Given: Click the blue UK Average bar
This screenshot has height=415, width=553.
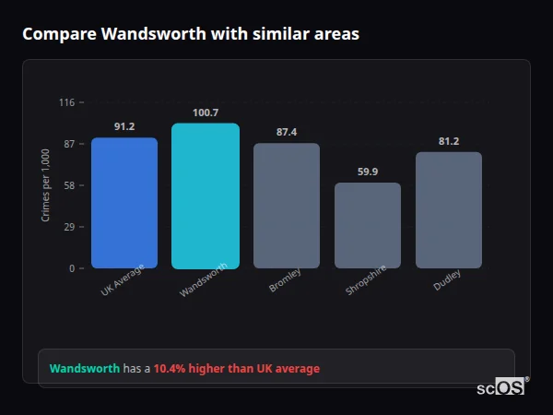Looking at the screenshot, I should (124, 203).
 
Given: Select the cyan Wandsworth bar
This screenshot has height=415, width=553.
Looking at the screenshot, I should (205, 196).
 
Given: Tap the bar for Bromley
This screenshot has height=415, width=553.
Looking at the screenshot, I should (287, 206).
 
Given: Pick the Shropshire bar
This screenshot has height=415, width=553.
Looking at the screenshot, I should (367, 225).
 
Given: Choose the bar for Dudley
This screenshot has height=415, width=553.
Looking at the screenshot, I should (448, 210).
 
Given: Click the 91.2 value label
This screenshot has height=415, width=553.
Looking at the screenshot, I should (124, 126).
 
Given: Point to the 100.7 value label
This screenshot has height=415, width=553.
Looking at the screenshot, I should (206, 113).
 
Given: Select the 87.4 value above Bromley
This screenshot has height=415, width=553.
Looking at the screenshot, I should (287, 132).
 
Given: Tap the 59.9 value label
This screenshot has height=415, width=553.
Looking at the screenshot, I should (368, 172).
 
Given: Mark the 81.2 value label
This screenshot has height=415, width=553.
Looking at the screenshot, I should (449, 141).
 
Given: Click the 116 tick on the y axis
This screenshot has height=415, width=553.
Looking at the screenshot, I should (66, 102).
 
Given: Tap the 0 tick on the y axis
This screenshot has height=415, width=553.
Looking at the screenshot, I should (71, 268).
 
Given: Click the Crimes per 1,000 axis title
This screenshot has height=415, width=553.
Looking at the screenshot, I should (46, 185).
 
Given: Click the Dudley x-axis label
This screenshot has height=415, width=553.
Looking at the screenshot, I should (447, 279).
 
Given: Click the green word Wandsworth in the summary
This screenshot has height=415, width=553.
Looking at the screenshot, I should (85, 369).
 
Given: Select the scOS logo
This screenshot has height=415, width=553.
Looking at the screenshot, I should (501, 388).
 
